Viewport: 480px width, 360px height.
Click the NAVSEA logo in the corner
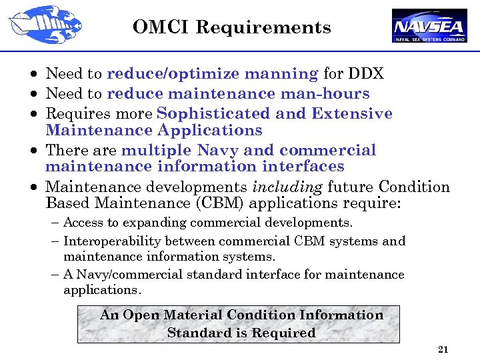tap(429, 25)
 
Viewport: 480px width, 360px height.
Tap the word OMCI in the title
tap(161, 27)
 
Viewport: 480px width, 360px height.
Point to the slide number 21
tap(442, 349)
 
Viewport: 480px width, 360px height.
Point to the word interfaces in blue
tap(303, 166)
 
